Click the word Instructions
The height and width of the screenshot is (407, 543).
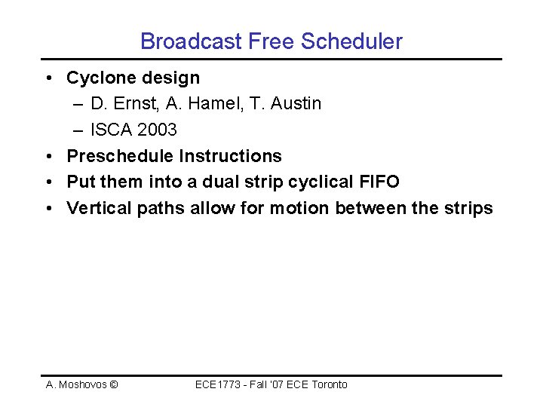pos(230,156)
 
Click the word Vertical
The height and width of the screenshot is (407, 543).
pos(99,208)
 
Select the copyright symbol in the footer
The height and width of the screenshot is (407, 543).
pos(113,384)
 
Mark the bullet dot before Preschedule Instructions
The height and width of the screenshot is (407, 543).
pos(48,157)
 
